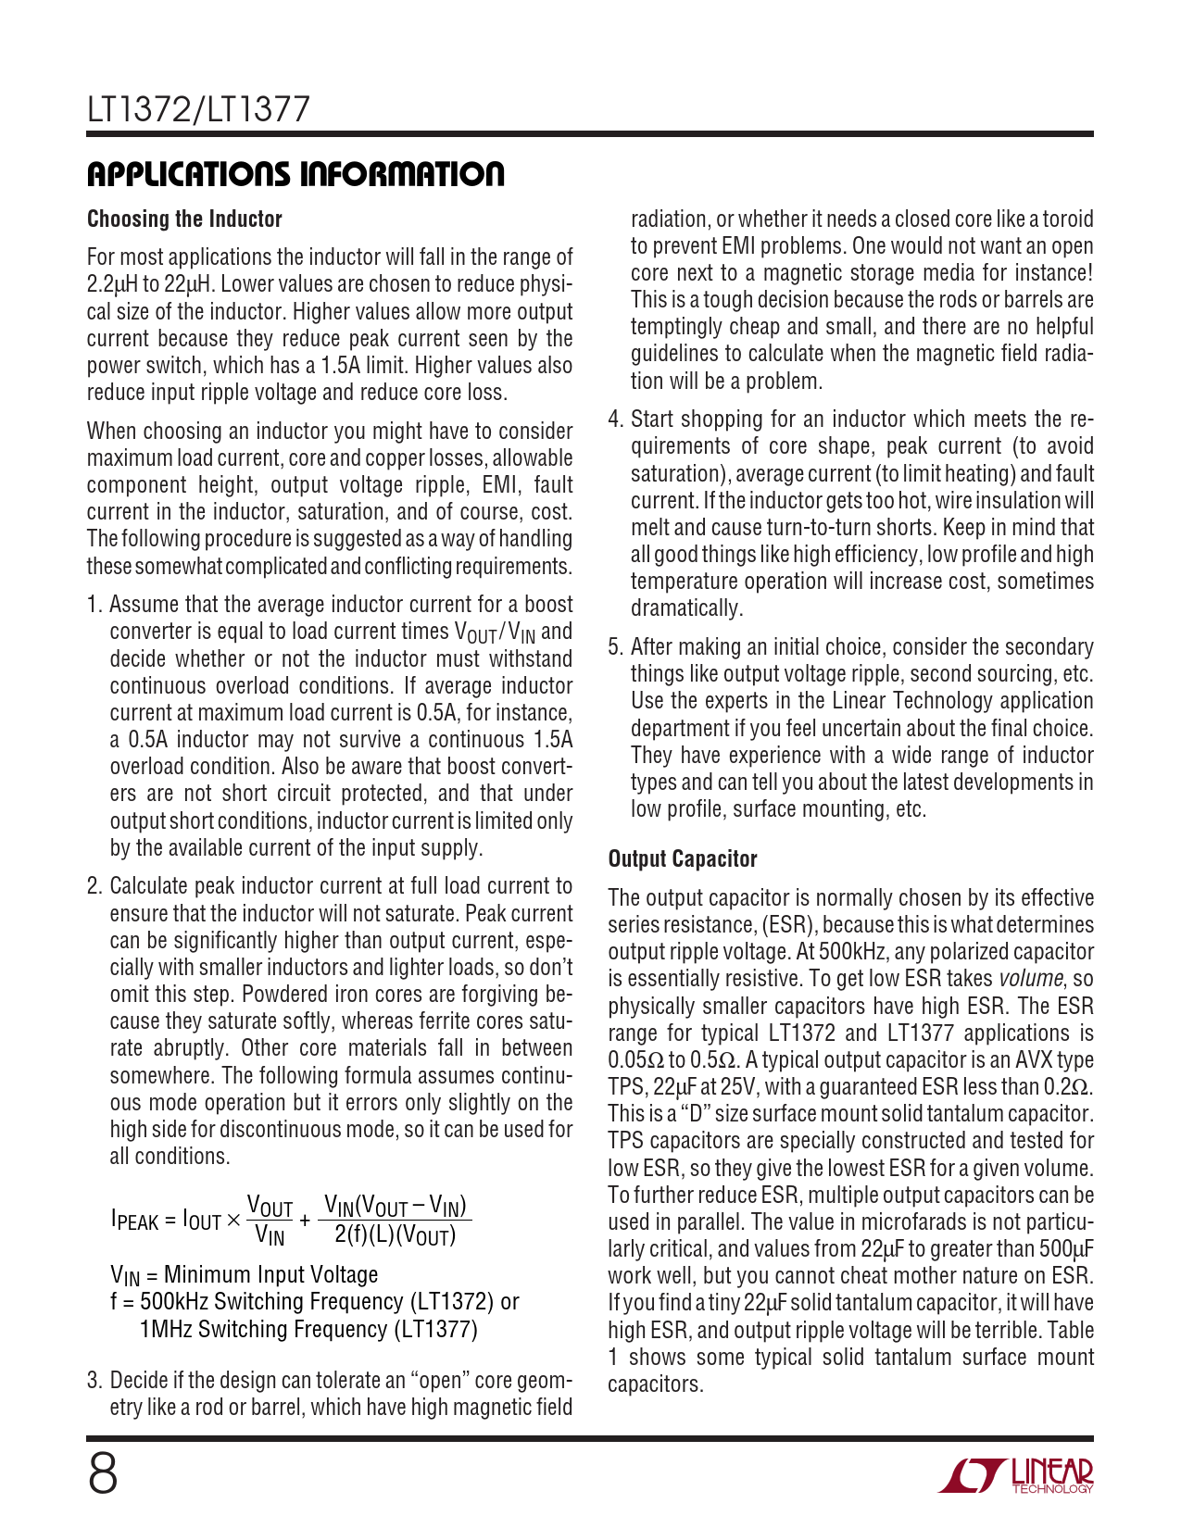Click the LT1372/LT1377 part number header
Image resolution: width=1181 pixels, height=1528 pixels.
click(198, 110)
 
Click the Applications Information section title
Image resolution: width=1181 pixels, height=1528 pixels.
click(295, 174)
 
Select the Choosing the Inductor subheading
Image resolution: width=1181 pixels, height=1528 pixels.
click(184, 219)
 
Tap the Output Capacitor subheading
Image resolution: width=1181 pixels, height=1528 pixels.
click(683, 859)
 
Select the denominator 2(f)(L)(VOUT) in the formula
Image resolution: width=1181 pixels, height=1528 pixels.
click(396, 1234)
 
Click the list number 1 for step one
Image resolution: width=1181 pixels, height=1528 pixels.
click(93, 605)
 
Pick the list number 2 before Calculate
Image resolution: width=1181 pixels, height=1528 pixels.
click(93, 886)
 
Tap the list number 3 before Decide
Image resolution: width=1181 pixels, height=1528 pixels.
click(93, 1381)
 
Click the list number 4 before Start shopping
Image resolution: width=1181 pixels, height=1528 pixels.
click(614, 420)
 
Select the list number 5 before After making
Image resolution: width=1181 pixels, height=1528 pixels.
click(614, 647)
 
